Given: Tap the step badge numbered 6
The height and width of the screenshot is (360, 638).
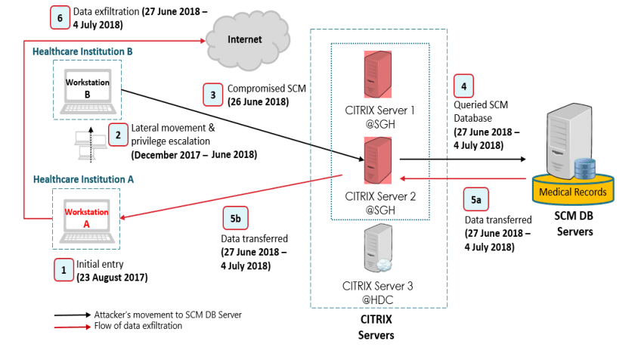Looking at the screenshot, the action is tap(60, 17).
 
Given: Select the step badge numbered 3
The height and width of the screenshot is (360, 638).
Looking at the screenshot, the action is tap(213, 95).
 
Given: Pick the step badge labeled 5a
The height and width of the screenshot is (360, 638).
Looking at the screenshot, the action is tap(475, 200).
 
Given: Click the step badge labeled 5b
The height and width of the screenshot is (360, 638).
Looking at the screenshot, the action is tap(235, 219).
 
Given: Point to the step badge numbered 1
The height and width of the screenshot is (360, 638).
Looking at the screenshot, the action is tap(63, 270).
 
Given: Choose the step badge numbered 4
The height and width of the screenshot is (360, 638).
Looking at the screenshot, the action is tap(463, 86).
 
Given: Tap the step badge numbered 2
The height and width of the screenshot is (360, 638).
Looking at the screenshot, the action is tap(118, 135).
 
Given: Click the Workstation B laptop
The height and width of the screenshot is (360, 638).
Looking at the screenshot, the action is tap(88, 92).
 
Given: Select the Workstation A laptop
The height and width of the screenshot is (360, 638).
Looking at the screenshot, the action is tap(86, 220).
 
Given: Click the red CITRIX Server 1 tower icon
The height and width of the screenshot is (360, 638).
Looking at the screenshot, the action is tap(378, 74).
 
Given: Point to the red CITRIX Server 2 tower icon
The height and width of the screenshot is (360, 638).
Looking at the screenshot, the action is tap(378, 160).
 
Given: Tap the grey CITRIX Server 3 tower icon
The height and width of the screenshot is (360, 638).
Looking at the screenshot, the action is tap(378, 248).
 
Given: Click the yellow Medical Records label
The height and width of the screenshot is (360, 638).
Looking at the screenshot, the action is tap(573, 192).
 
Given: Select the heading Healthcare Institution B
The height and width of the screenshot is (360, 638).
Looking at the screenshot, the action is tap(82, 51).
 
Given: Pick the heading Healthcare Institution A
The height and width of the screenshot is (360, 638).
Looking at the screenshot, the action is tap(83, 179).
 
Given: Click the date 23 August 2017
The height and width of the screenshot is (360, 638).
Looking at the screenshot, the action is tap(112, 278).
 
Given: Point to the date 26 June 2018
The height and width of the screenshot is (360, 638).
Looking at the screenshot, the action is tap(259, 102).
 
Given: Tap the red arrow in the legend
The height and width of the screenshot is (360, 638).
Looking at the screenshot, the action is tap(73, 327).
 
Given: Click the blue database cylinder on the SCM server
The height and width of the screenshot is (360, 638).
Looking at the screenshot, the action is tap(584, 169).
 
